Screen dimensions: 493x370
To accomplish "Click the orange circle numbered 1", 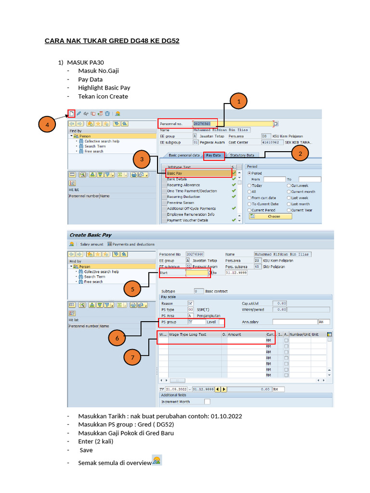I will [x=238, y=102].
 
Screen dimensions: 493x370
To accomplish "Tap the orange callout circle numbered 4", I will [x=47, y=126].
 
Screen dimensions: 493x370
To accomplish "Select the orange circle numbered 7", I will [x=132, y=357].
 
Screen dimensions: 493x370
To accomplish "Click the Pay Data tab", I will [x=213, y=155].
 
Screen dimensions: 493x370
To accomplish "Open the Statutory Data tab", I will [x=242, y=155].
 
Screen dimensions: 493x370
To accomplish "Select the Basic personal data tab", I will [x=184, y=155].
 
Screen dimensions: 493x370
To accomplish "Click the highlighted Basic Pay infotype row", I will [x=198, y=173].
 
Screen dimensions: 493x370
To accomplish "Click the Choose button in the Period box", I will [x=273, y=217].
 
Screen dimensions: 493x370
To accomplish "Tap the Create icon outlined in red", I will [x=71, y=114].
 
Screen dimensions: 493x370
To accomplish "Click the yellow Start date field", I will [x=197, y=273].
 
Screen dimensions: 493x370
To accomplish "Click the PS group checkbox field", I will [x=190, y=321].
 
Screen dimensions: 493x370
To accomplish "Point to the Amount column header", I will [x=235, y=334].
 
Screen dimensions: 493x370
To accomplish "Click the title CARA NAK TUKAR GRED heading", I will [x=112, y=41].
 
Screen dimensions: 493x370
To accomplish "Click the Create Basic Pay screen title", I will [x=91, y=235].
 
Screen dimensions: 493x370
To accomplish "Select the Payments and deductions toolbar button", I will [x=132, y=244].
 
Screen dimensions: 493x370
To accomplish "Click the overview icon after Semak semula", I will [x=157, y=460].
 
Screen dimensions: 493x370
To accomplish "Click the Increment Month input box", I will [x=207, y=402].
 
